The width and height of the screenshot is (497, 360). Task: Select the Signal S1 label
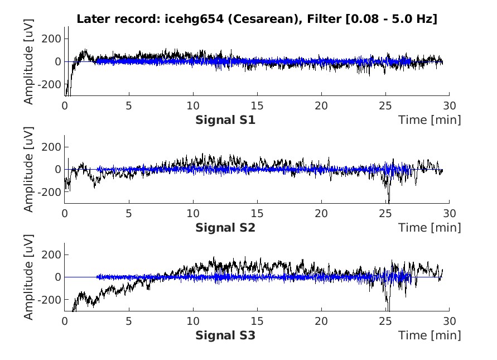pos(225,119)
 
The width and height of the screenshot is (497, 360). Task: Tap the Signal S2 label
pos(225,227)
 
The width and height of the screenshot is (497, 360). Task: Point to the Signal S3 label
pos(225,335)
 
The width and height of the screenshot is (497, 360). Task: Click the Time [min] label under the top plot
pos(430,119)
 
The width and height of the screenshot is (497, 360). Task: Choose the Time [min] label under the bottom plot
pos(430,335)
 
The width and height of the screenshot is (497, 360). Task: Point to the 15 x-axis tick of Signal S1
pos(257,105)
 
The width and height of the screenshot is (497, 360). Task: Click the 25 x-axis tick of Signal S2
pos(385,213)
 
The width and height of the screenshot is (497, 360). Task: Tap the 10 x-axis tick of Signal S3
pos(193,321)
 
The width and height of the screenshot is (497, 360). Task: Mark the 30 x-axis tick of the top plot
pos(450,105)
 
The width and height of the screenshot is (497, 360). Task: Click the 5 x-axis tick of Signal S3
pos(129,321)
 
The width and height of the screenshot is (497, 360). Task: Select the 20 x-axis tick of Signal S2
pos(321,213)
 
